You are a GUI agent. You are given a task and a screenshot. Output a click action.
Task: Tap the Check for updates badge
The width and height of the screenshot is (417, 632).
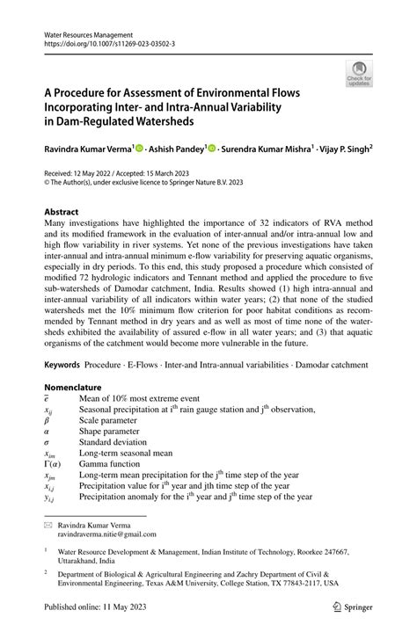pyautogui.click(x=358, y=75)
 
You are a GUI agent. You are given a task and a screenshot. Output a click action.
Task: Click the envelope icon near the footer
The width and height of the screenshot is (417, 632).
pyautogui.click(x=48, y=522)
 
